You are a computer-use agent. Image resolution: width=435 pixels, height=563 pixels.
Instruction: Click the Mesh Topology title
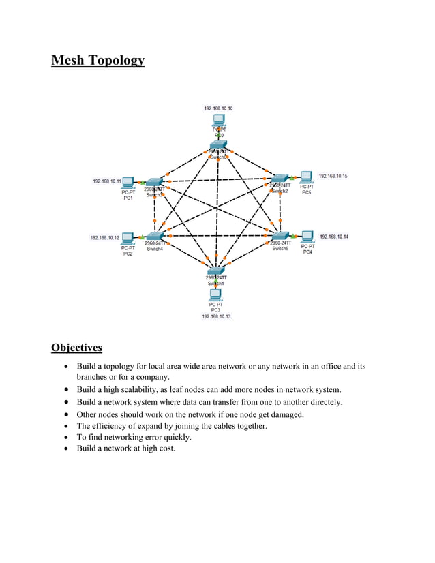coord(98,61)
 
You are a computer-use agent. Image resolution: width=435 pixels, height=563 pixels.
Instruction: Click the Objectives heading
coord(76,348)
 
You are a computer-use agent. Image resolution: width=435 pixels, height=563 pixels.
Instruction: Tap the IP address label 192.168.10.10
coord(218,108)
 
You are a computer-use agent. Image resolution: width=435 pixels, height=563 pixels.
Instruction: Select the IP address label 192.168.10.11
coord(106,181)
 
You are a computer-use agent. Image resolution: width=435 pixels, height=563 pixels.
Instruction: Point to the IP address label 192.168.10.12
coord(105,238)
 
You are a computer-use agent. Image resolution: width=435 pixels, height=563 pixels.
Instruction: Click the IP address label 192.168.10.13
coord(215,317)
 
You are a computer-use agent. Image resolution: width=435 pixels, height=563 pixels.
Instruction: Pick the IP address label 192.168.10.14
coord(334,237)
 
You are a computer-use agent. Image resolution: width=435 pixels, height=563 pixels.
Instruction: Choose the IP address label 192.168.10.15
coord(333,177)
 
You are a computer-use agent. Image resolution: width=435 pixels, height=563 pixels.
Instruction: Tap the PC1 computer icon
coord(127,182)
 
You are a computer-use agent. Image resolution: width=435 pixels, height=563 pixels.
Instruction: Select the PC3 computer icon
coord(215,294)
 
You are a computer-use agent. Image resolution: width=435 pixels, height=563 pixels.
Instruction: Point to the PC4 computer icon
coord(307,237)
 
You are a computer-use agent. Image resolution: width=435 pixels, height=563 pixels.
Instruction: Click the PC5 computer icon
coord(306,177)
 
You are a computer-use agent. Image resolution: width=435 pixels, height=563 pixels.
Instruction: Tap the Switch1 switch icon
coord(217,271)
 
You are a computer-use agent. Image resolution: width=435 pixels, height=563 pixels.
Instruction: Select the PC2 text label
coord(128,254)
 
